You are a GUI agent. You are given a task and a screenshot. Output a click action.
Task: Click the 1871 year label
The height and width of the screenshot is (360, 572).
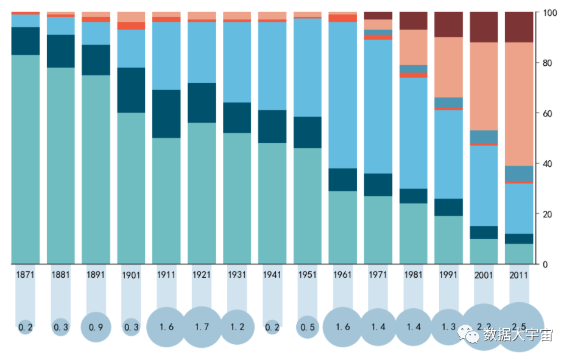click(26, 275)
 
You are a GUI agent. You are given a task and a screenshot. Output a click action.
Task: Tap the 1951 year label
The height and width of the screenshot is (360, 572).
click(308, 275)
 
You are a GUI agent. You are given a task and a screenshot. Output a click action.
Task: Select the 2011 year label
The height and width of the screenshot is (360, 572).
click(519, 275)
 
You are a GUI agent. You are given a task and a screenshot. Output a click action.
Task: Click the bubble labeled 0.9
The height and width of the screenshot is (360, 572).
click(96, 327)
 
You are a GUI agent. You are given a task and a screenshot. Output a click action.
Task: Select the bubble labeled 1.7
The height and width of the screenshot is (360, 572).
click(202, 327)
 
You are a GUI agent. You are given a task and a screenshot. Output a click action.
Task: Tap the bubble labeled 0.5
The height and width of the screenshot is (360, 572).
click(308, 327)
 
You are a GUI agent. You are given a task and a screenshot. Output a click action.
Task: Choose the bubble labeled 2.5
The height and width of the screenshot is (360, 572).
click(519, 327)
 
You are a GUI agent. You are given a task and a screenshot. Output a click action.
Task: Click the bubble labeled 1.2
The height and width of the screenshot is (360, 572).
click(238, 327)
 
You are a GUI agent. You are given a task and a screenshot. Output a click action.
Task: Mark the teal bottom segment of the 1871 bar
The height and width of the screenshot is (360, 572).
click(26, 158)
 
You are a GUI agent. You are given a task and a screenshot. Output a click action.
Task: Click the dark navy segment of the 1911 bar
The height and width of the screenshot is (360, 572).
click(167, 114)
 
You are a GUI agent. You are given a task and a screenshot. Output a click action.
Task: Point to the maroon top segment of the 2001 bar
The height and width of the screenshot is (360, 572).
click(484, 27)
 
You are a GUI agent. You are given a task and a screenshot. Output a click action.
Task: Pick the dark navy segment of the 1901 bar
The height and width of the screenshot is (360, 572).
click(132, 90)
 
